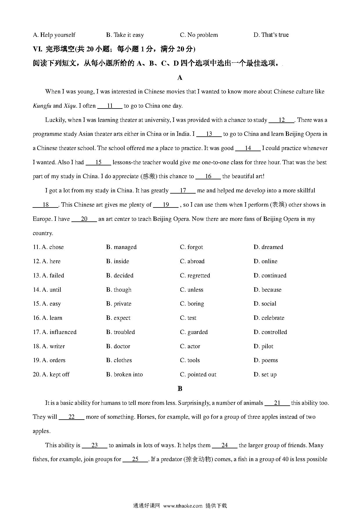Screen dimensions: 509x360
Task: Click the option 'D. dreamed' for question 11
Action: click(x=268, y=247)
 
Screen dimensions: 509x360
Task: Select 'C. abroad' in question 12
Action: click(x=192, y=261)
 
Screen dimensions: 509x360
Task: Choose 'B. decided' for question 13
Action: click(x=120, y=276)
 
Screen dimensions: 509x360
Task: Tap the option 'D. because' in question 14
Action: click(x=267, y=290)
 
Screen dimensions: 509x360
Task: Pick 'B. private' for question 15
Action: click(x=118, y=304)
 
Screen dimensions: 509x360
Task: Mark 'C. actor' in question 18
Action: click(x=190, y=346)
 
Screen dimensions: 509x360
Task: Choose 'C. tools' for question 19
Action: click(x=190, y=360)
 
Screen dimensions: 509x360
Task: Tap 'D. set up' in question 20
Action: click(x=265, y=375)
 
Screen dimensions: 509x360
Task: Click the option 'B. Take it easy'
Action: click(x=125, y=35)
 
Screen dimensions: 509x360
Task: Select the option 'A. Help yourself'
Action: click(x=54, y=35)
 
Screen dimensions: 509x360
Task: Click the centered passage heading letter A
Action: click(x=180, y=77)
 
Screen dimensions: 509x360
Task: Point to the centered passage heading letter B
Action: click(x=180, y=389)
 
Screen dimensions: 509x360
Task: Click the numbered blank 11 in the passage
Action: click(x=110, y=106)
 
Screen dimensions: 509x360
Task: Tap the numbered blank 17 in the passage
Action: click(x=183, y=191)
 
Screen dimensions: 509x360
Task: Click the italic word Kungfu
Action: click(x=42, y=106)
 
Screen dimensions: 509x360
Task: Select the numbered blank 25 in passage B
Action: click(x=135, y=459)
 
